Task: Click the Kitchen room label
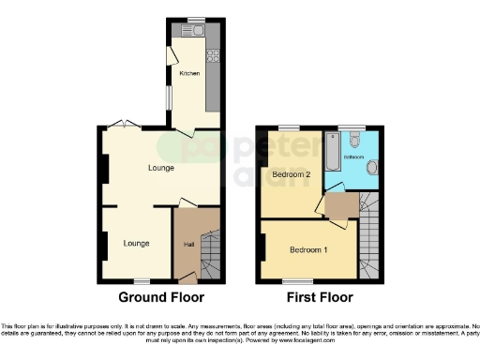click(190, 73)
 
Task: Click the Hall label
click(188, 246)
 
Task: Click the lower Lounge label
click(137, 244)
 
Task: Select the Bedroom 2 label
click(291, 175)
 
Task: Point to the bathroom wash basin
click(372, 168)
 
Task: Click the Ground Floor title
click(160, 298)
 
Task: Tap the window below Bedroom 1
click(298, 280)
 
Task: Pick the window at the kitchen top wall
click(195, 20)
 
